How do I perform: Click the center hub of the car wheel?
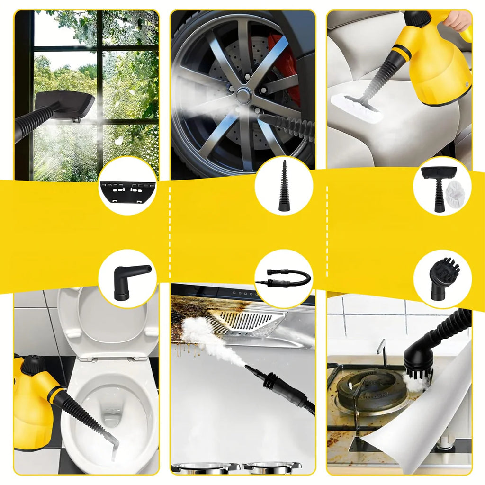(x=243, y=95)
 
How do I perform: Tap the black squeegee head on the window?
(x=66, y=104)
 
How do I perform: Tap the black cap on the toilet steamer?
(x=32, y=365)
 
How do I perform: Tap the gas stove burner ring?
(x=374, y=386)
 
